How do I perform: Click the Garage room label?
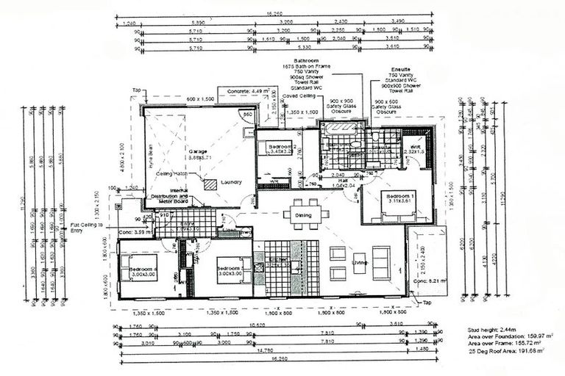coord(197,152)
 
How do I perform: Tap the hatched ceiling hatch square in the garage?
coord(210,185)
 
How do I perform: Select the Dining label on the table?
coord(302,215)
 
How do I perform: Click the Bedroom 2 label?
coord(282,146)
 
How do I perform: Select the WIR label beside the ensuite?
coord(415,147)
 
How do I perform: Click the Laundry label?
coord(231,181)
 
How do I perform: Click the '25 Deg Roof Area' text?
coord(509,351)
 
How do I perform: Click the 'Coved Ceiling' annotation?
coord(297,95)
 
